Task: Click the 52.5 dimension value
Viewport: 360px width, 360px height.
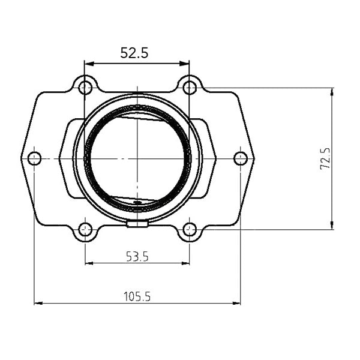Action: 134,53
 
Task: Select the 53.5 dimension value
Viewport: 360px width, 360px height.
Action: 137,257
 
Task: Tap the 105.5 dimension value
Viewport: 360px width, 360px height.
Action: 137,296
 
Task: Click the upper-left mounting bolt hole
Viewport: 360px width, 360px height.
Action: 85,88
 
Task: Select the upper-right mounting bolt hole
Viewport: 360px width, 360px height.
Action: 190,88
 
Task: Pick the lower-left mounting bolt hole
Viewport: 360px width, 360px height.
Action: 85,229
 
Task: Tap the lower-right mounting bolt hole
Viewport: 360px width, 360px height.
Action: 190,229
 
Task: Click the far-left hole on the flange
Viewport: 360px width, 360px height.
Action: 34,158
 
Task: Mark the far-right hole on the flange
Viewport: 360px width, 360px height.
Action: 241,158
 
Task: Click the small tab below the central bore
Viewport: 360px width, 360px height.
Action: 138,224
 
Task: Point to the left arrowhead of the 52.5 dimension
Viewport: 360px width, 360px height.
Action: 88,63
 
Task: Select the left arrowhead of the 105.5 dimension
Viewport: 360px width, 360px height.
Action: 38,303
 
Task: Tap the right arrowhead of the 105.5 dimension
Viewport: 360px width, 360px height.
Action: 237,303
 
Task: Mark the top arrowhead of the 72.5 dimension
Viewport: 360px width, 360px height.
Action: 332,91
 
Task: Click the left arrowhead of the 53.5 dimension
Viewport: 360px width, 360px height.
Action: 89,263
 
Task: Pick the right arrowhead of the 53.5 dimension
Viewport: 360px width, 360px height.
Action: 186,263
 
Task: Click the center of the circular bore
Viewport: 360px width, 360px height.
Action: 137,158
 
